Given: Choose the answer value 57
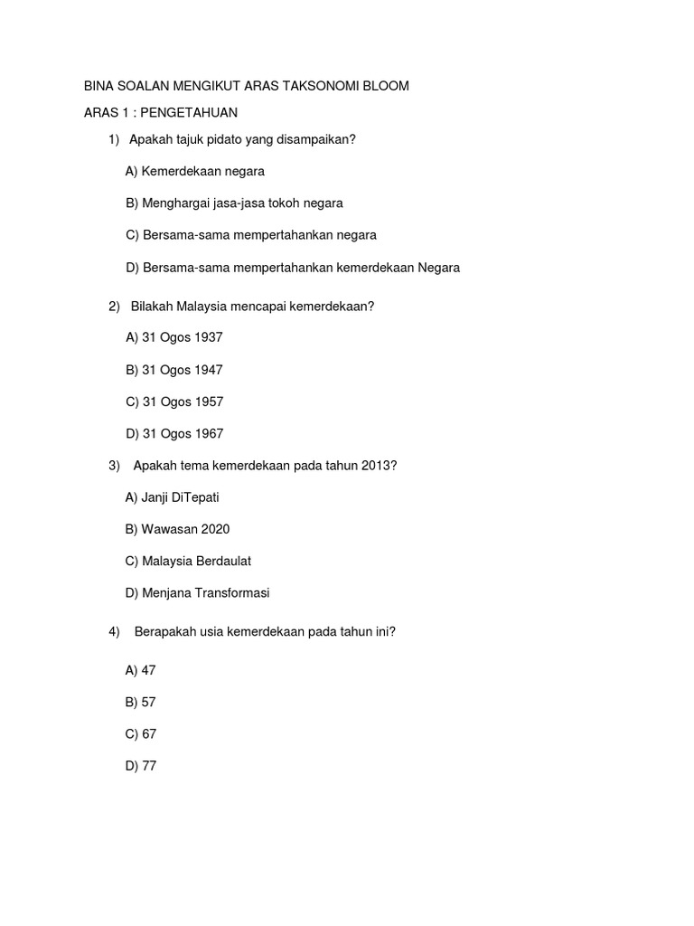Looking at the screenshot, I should pyautogui.click(x=149, y=702).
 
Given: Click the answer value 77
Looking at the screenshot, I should pyautogui.click(x=149, y=766).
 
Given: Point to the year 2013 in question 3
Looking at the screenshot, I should pyautogui.click(x=377, y=466).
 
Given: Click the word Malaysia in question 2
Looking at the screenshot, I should pyautogui.click(x=202, y=307).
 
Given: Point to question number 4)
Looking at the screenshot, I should pyautogui.click(x=114, y=632).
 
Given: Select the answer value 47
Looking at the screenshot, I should pyautogui.click(x=149, y=670).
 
